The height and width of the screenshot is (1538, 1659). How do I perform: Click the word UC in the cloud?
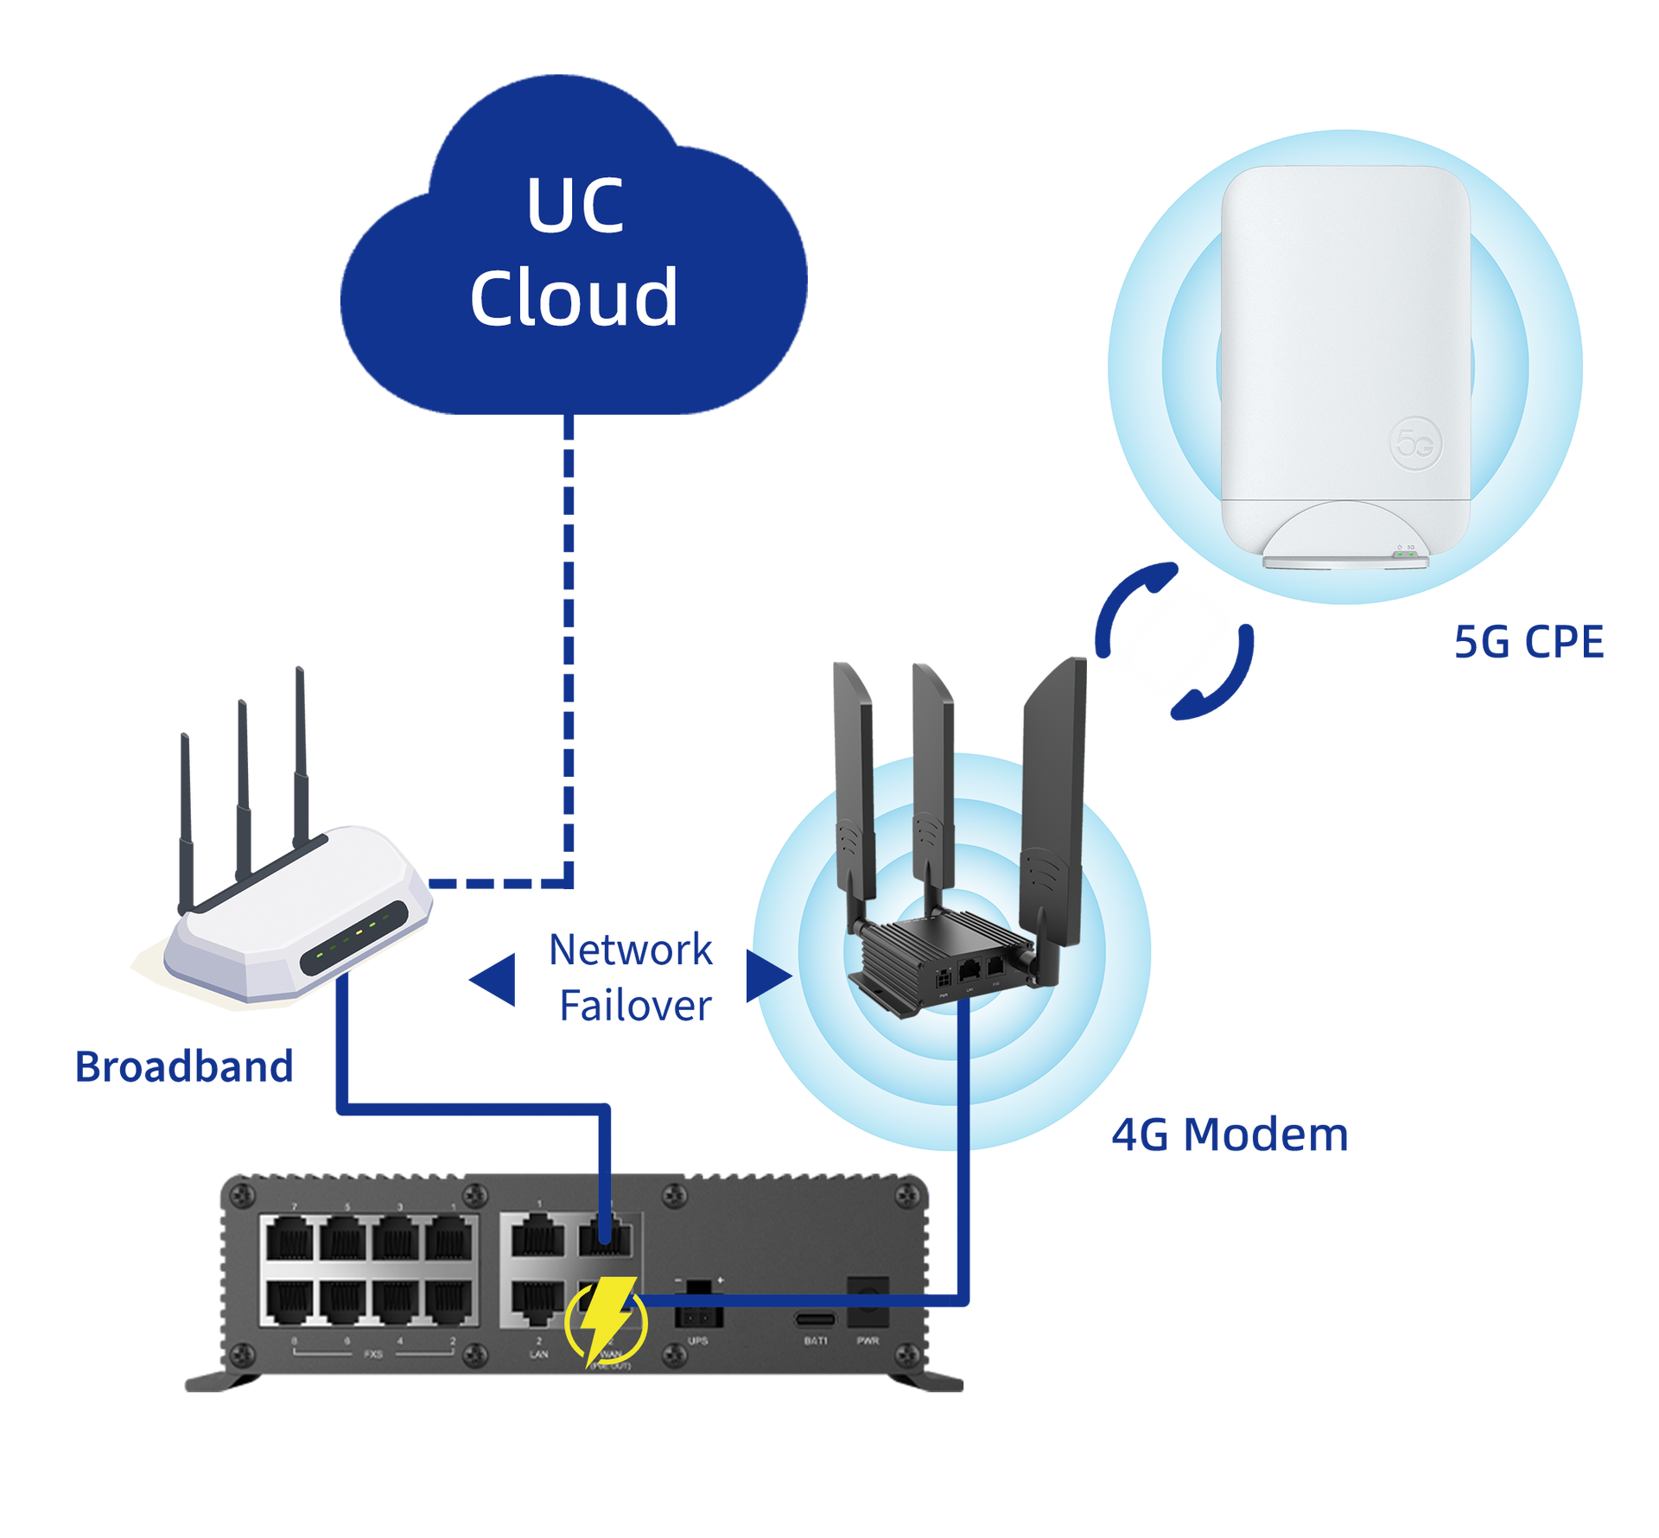point(575,207)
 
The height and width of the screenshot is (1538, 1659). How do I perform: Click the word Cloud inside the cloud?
point(573,297)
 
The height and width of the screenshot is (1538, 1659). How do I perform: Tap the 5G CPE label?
point(1528,642)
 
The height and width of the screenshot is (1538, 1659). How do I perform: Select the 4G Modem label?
point(1229,1134)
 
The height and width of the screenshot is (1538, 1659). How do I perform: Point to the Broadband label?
point(184,1066)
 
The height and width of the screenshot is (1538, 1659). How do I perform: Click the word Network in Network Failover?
point(631,950)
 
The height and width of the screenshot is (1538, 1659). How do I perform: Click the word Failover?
point(635,1006)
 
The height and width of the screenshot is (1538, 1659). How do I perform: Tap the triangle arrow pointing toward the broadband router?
point(495,979)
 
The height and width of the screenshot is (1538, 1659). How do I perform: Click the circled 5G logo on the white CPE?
point(1415,444)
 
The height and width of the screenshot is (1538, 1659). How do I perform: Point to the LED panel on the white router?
point(354,937)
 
